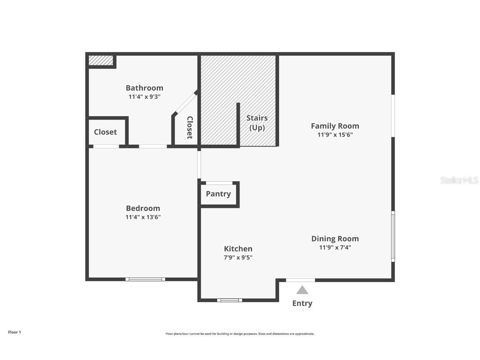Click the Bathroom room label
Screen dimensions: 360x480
(x=144, y=88)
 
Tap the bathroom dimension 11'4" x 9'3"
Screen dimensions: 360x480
(x=144, y=97)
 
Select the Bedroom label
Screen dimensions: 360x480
(x=143, y=208)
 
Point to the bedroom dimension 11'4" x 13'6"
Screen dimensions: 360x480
(x=143, y=217)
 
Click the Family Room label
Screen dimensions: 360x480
(x=335, y=126)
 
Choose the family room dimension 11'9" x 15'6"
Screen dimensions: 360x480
(x=335, y=135)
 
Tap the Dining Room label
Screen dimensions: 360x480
(x=335, y=239)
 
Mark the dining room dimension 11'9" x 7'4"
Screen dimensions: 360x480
(x=335, y=247)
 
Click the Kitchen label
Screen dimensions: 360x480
(x=238, y=249)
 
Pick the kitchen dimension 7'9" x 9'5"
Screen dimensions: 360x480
(x=238, y=257)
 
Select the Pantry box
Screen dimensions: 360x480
(x=218, y=194)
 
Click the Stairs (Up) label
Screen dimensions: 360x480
(x=257, y=123)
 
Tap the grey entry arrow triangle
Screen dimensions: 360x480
(x=302, y=290)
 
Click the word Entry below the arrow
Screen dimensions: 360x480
(x=302, y=303)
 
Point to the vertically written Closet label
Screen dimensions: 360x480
(x=190, y=127)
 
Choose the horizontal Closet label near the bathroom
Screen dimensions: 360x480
(x=105, y=132)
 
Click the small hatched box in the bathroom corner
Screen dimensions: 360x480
(x=101, y=61)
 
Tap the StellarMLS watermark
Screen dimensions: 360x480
(x=459, y=180)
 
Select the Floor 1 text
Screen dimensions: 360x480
(x=14, y=332)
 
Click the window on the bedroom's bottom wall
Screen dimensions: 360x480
(x=145, y=279)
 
